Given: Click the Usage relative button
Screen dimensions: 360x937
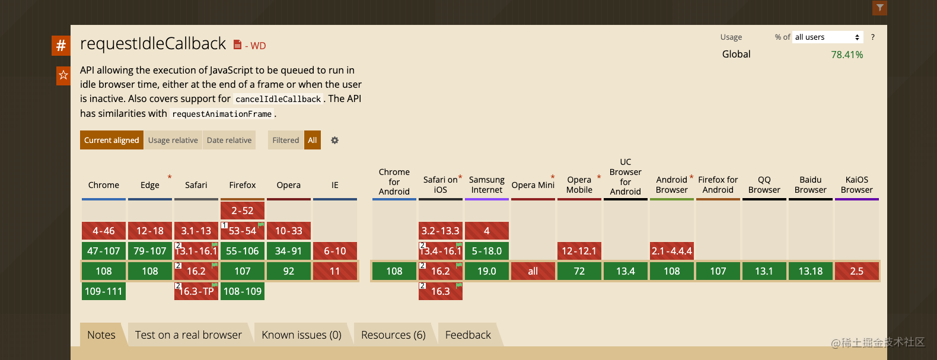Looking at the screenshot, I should pos(173,140).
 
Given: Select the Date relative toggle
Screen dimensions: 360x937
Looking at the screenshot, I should pos(229,140).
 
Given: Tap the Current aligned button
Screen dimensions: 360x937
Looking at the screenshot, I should pos(111,140).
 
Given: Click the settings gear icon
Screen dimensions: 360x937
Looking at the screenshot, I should pos(334,141).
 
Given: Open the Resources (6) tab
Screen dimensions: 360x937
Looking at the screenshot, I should pos(393,335).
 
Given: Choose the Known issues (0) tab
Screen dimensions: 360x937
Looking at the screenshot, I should pos(301,335).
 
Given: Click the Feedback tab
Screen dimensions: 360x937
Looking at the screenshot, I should pos(468,335).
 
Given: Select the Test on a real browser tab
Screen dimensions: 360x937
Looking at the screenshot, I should pos(188,335).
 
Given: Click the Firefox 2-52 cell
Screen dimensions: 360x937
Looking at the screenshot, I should pos(243,211).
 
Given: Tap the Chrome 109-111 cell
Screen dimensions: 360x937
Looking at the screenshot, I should pos(104,291).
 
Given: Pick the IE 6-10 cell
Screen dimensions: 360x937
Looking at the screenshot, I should pos(335,251).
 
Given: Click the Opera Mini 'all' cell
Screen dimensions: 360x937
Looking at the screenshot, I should pos(533,271).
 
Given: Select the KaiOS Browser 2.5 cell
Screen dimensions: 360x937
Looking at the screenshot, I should pos(857,271).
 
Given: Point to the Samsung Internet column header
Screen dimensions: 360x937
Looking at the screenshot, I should pos(487,184).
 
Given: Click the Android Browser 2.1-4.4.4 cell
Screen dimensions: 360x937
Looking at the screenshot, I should pos(672,251).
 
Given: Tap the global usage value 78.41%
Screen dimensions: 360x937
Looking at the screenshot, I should pos(847,55).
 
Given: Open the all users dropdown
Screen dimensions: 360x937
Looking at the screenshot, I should pos(827,37).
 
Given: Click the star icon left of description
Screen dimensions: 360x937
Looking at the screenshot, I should pos(63,75).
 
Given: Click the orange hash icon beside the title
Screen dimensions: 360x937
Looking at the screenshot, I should pos(61,45).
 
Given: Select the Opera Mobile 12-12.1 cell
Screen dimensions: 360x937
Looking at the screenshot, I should pos(579,251).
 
